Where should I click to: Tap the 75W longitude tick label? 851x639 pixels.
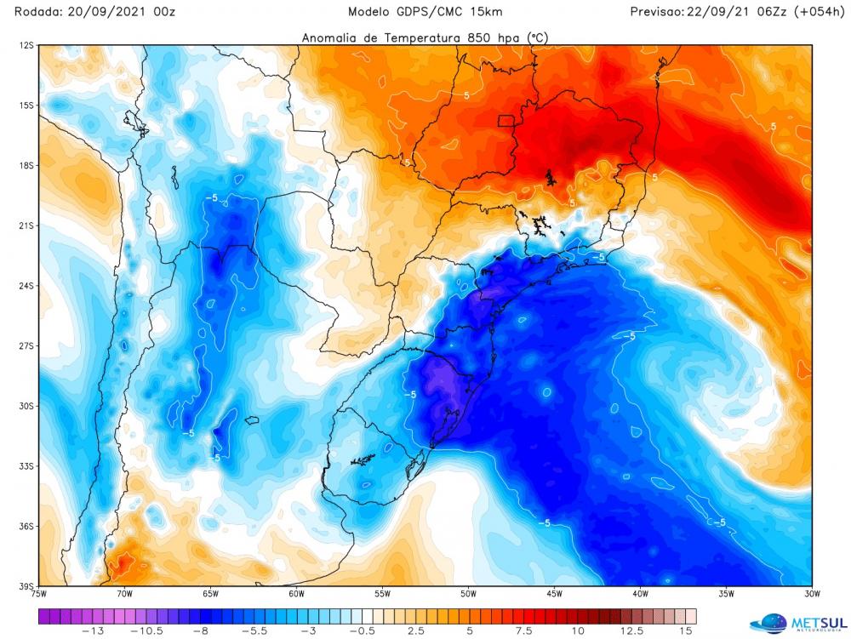[x=38, y=594]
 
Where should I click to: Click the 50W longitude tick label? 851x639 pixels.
[x=467, y=594]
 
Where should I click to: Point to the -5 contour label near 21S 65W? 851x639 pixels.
[x=213, y=197]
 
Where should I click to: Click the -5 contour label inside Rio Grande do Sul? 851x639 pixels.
[x=408, y=395]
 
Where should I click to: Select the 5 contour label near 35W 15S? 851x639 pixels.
[x=773, y=126]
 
